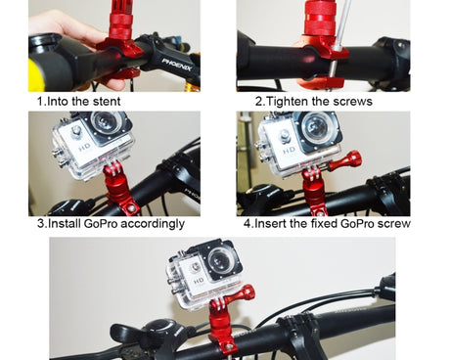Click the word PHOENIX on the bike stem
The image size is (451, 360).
[177, 65]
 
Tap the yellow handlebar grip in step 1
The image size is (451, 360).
[36, 75]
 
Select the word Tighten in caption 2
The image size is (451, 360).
[288, 102]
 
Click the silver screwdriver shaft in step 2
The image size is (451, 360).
[338, 45]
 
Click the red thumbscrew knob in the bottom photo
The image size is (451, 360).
[241, 294]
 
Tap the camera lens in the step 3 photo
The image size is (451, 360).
[106, 122]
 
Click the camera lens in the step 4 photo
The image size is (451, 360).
[315, 128]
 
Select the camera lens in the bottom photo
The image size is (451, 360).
[220, 261]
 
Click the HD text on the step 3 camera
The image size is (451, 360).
[85, 148]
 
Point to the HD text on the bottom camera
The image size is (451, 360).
[199, 281]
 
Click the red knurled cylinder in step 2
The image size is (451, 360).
[322, 18]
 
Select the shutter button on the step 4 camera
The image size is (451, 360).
[285, 136]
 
